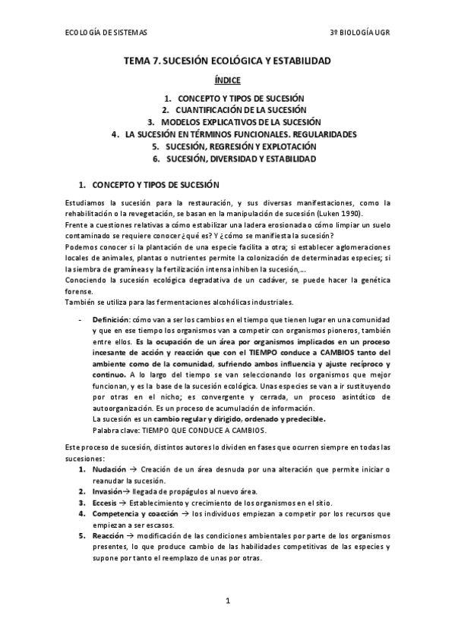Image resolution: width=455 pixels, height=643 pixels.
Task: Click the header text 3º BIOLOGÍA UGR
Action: point(359,33)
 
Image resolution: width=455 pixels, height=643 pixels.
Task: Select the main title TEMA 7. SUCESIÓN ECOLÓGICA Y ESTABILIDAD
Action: point(227,60)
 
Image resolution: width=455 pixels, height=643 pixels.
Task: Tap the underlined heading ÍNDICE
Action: point(227,80)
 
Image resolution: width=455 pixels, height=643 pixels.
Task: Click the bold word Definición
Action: point(111,320)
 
